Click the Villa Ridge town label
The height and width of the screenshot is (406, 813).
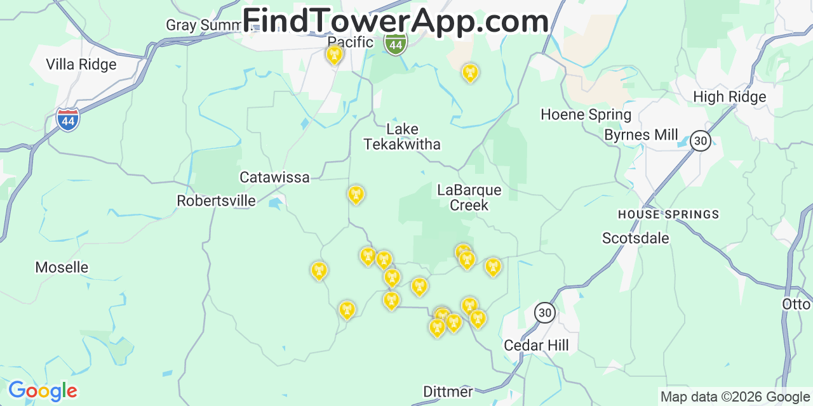click(x=81, y=64)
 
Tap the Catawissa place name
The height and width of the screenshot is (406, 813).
click(x=274, y=177)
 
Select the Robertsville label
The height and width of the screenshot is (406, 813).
click(x=216, y=201)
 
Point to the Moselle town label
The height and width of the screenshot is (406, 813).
click(x=62, y=267)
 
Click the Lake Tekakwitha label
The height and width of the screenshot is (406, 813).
click(x=402, y=136)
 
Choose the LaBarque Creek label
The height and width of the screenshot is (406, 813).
click(x=469, y=197)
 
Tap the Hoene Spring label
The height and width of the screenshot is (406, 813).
click(x=586, y=115)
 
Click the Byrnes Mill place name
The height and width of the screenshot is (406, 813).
click(x=641, y=135)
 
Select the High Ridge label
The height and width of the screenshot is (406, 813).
click(x=730, y=97)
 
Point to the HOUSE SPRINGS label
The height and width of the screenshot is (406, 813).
click(x=668, y=214)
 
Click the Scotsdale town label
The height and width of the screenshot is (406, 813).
click(x=636, y=238)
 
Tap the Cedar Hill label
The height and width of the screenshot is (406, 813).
click(x=536, y=345)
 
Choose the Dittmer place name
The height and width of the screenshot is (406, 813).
click(x=448, y=391)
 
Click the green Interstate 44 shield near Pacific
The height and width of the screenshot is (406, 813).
click(x=395, y=44)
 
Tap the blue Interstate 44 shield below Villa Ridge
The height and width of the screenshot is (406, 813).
click(x=68, y=119)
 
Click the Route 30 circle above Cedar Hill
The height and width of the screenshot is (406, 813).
click(x=545, y=312)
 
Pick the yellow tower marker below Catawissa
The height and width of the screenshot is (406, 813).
click(x=356, y=194)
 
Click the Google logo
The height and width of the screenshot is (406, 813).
click(x=43, y=391)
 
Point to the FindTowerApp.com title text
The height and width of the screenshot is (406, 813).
click(x=396, y=21)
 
